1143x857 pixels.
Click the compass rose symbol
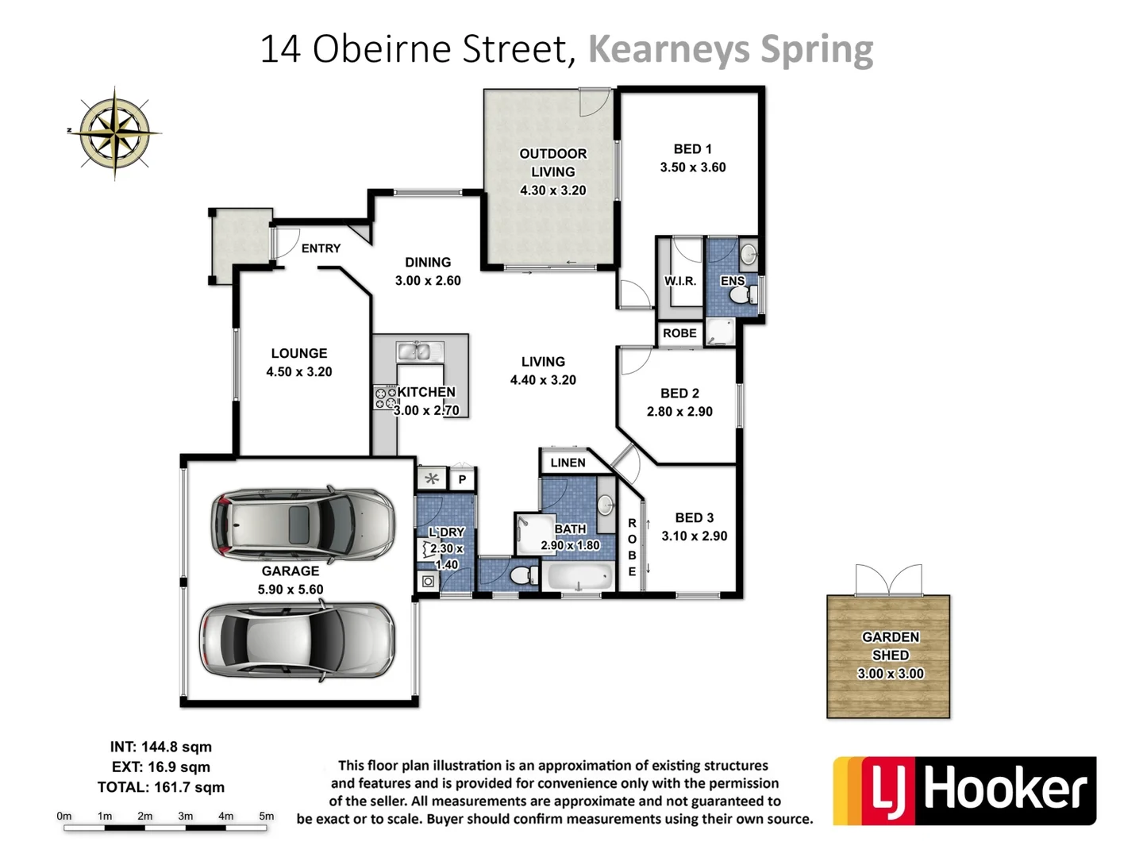pos(115,133)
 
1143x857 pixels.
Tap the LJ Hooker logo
pos(964,790)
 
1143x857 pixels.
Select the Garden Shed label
pos(890,646)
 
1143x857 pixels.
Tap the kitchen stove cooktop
pos(386,398)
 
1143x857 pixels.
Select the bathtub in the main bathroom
pos(579,576)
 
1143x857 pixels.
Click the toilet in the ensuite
pos(743,295)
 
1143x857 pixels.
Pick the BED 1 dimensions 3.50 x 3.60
pos(692,167)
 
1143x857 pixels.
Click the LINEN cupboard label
pos(568,463)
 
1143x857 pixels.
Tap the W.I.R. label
pos(679,281)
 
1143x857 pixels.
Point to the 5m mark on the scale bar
pos(267,816)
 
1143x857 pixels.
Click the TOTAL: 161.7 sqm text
pos(161,787)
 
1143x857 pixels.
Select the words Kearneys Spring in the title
pos(730,49)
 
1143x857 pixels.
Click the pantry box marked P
pos(462,479)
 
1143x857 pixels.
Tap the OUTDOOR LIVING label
pos(552,163)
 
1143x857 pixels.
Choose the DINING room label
pos(428,262)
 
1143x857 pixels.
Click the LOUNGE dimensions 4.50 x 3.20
pos(299,371)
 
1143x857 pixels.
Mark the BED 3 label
pos(694,517)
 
